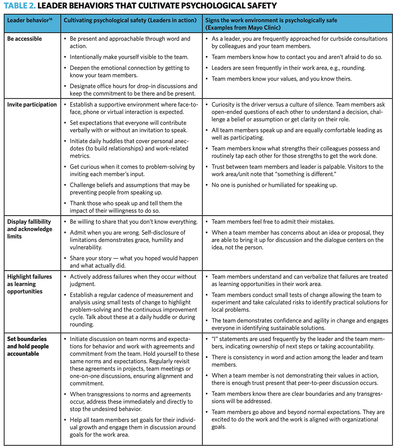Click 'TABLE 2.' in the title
point(19,6)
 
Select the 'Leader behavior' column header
point(28,20)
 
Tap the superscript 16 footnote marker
point(51,19)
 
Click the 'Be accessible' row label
point(24,39)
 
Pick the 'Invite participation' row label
point(32,105)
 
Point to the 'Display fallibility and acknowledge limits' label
point(30,229)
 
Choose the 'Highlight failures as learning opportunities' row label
point(30,284)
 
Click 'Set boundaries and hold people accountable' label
point(28,346)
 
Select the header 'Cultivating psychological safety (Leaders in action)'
point(130,20)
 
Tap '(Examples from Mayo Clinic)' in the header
point(243,28)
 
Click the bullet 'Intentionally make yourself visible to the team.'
point(129,57)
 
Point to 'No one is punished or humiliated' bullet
point(274,185)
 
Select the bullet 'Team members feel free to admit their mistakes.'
point(273,222)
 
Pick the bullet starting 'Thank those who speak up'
point(126,207)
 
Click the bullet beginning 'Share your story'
point(134,262)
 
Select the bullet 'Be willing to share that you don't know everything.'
point(134,222)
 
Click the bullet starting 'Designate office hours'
point(133,90)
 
